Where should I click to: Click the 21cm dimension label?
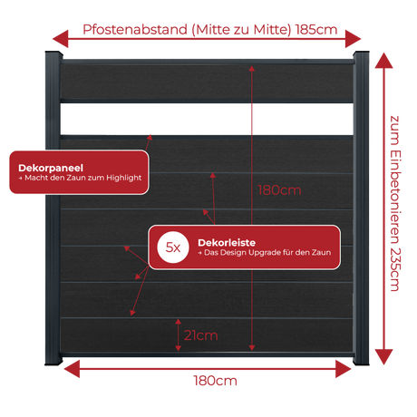[201, 335]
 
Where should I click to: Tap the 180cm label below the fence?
[215, 381]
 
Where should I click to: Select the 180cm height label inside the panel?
[279, 190]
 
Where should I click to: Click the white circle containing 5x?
[173, 247]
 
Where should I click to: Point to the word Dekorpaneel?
[51, 168]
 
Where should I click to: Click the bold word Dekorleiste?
[227, 243]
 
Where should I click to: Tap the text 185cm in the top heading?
[316, 30]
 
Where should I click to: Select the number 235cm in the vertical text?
[395, 269]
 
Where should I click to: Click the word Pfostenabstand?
[135, 30]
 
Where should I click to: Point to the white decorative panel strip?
[207, 119]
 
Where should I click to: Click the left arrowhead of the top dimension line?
[61, 39]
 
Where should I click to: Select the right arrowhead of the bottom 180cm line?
[344, 369]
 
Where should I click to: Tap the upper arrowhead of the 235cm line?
[383, 61]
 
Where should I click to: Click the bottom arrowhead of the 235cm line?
[383, 357]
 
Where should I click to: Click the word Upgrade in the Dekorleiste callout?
[265, 253]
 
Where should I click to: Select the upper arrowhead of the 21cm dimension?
[179, 322]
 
